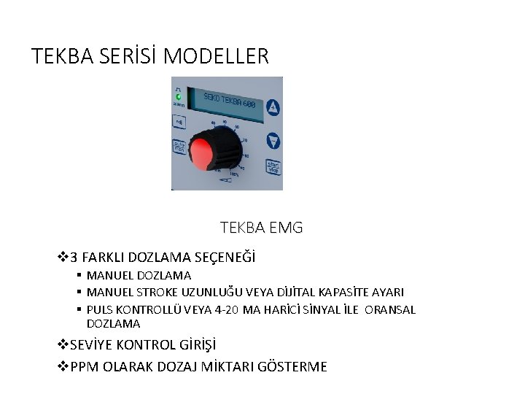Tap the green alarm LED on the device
coord(178,96)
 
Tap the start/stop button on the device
coord(273,166)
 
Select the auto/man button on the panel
coord(179,145)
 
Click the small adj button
coord(178,122)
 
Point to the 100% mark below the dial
coord(234,174)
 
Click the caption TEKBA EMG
coord(261,228)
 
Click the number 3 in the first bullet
coord(74,257)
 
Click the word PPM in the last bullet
coord(85,366)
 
